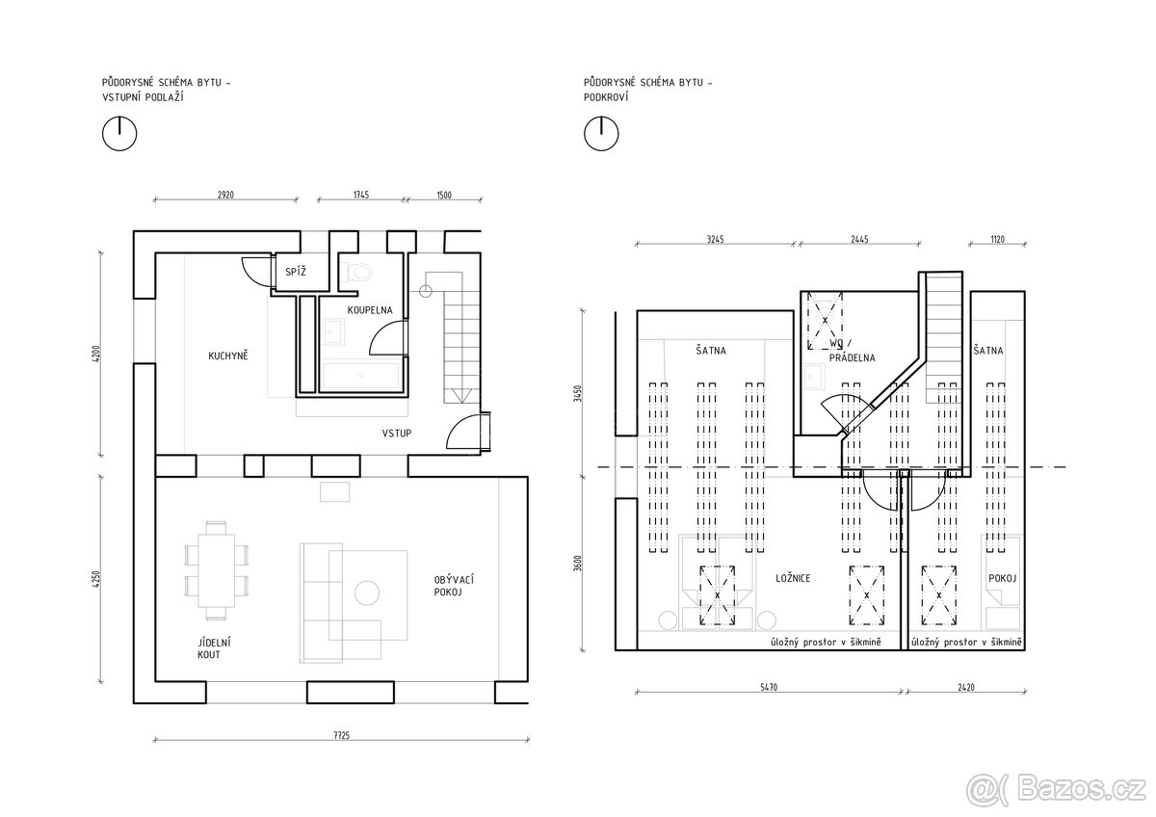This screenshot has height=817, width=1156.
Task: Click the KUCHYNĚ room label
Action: (x=228, y=356)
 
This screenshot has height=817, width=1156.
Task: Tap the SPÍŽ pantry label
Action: (x=296, y=272)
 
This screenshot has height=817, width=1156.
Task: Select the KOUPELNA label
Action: (x=370, y=310)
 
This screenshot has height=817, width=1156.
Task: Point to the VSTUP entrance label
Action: (x=397, y=434)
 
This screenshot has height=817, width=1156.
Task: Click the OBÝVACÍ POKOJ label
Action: (x=454, y=586)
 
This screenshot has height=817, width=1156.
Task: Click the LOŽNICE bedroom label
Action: (x=793, y=579)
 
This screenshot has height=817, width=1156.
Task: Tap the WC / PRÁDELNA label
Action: (x=852, y=351)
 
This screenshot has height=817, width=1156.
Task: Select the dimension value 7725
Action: (x=342, y=735)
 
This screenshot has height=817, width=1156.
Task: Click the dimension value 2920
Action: (x=225, y=195)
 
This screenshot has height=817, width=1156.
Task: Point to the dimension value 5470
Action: (x=769, y=687)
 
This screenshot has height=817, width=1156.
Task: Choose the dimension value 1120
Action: (x=998, y=240)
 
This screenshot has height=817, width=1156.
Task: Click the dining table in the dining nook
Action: (x=216, y=570)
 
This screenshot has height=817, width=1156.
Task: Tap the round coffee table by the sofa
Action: (x=367, y=593)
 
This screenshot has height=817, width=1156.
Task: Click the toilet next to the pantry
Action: (x=357, y=272)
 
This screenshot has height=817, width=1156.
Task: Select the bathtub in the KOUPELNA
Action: (x=360, y=375)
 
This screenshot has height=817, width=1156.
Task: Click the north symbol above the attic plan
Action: (x=601, y=134)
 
